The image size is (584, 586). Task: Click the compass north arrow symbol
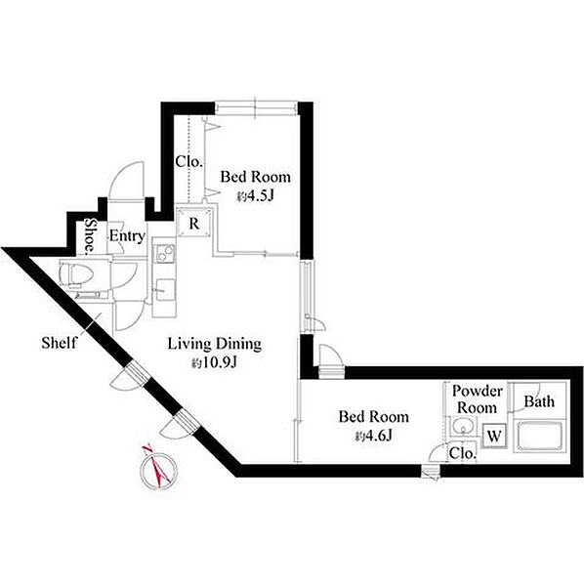tap(158, 470)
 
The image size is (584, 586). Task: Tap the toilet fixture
tap(76, 274)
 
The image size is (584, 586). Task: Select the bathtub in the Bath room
tap(539, 437)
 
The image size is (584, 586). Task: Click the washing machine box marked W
tap(494, 437)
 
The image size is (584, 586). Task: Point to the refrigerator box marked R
tap(194, 224)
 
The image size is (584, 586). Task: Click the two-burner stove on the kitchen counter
tap(164, 253)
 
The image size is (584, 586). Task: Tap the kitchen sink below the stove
tap(165, 289)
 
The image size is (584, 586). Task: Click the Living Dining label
tap(215, 344)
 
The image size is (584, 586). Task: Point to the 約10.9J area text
tap(215, 362)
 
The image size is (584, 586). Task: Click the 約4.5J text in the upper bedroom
tap(255, 196)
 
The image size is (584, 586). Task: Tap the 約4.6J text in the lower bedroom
tap(374, 436)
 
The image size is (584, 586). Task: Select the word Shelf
tap(60, 343)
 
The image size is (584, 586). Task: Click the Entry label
tap(127, 236)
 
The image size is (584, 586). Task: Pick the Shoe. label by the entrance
tap(90, 235)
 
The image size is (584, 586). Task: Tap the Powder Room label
tap(478, 399)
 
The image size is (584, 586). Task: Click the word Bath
tap(539, 401)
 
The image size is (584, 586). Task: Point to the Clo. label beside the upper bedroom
tap(189, 162)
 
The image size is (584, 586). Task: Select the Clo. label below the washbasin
tap(463, 453)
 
